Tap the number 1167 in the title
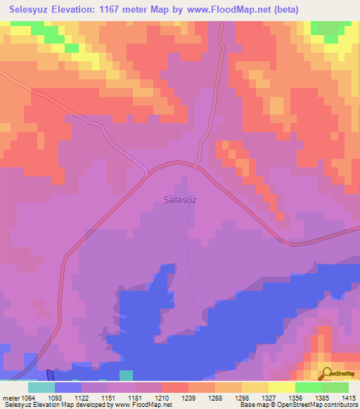click(120, 10)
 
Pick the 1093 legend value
click(64, 398)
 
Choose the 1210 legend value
click(148, 398)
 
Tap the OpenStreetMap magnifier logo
click(328, 375)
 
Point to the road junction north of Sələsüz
click(195, 166)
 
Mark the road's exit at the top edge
click(222, 22)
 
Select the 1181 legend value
click(127, 398)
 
